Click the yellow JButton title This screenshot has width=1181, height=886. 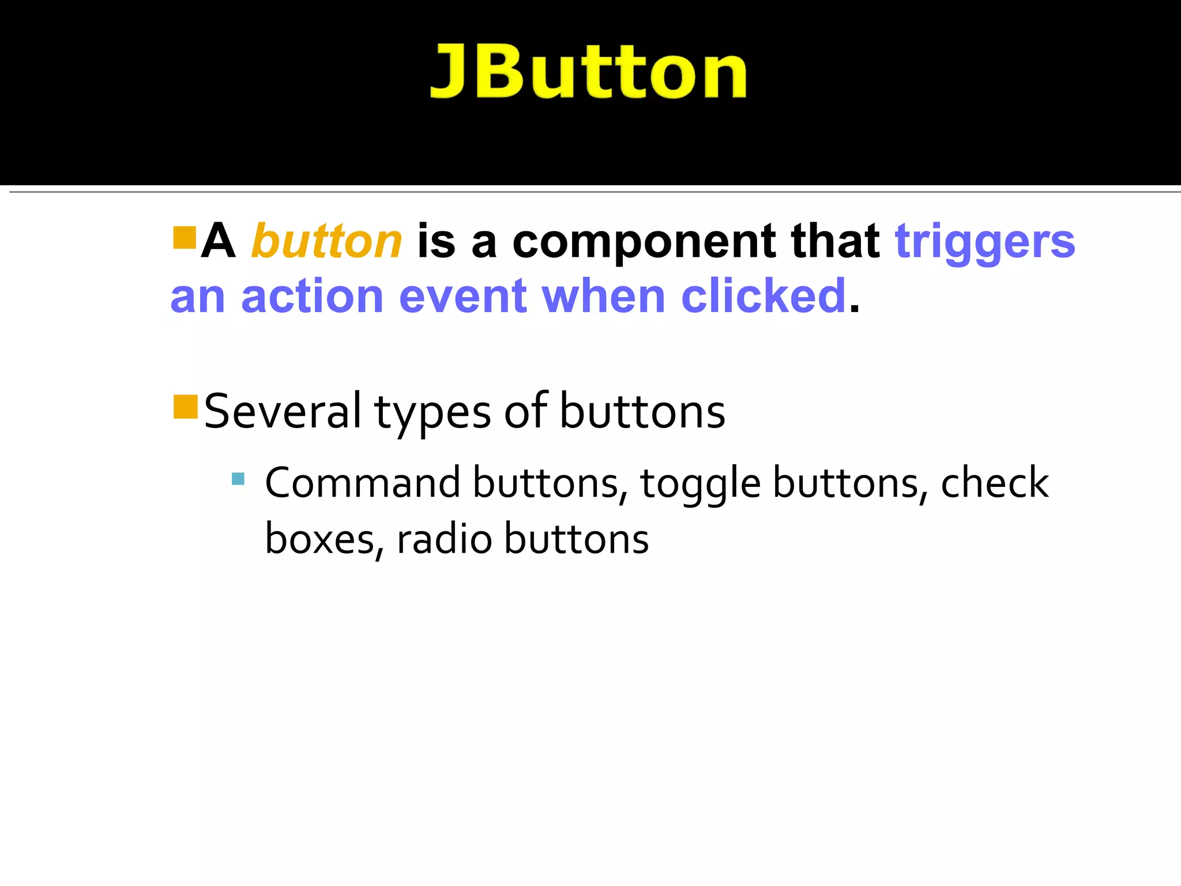point(588,73)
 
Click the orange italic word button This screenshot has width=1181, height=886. point(326,241)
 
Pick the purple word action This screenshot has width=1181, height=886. point(312,296)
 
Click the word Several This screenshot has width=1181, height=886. point(283,411)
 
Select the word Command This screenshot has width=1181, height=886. point(362,482)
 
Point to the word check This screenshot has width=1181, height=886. point(994,482)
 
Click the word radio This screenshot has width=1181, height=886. point(444,539)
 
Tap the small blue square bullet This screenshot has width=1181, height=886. point(238,479)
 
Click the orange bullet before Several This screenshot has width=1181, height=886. point(186,407)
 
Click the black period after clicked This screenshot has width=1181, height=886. point(855,309)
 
